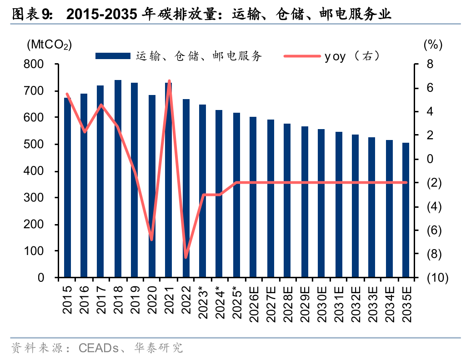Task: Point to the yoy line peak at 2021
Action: [169, 81]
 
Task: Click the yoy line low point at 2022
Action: [186, 257]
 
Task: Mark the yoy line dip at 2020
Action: [152, 240]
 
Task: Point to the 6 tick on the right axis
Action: [430, 88]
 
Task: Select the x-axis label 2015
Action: [67, 300]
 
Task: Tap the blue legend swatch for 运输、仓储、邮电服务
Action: [113, 56]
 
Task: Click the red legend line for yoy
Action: [301, 56]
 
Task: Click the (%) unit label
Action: [433, 45]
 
